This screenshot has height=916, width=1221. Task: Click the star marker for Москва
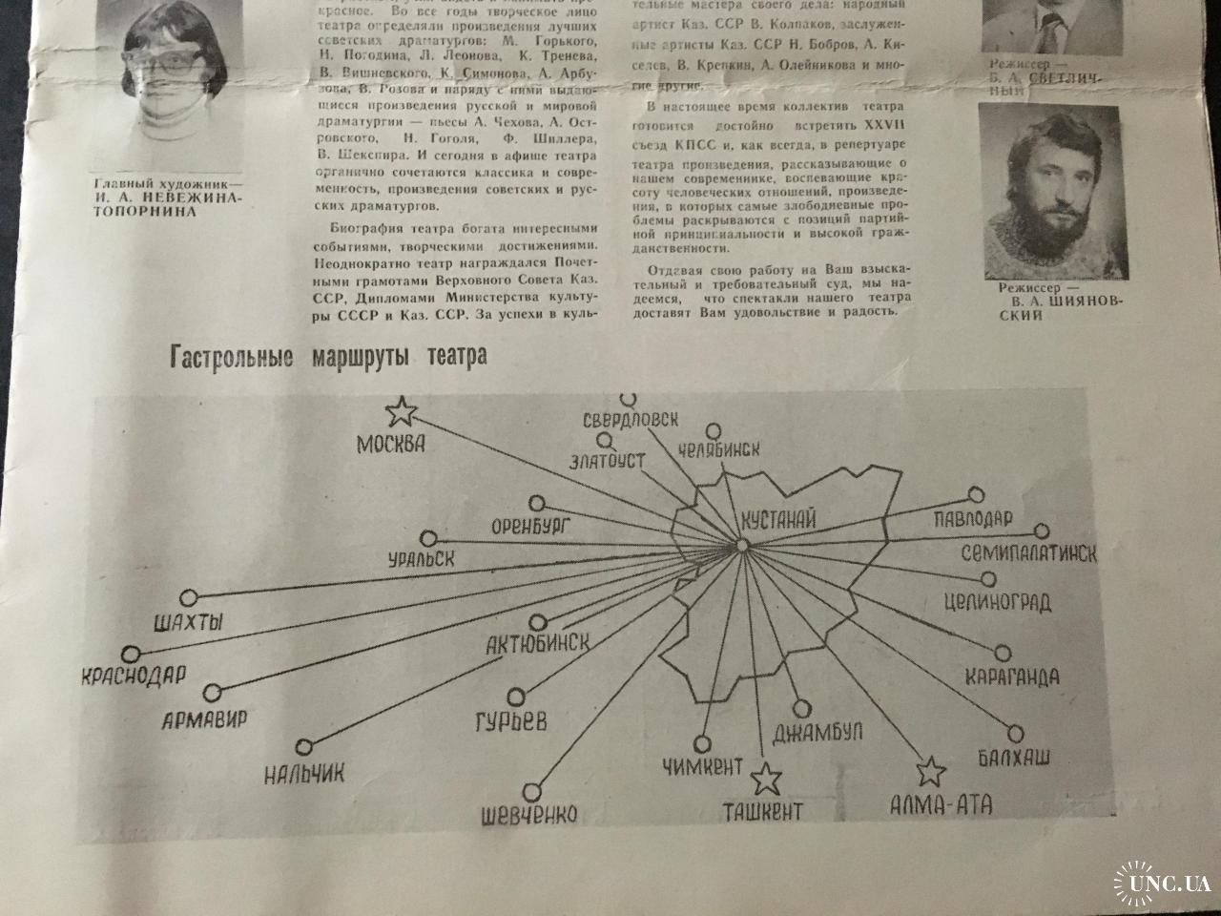(x=402, y=412)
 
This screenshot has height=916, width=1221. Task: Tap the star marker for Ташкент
(x=763, y=780)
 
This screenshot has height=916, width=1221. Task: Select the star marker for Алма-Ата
(x=930, y=771)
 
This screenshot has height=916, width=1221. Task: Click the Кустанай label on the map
(x=777, y=520)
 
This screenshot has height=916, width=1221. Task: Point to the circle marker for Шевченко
(x=532, y=790)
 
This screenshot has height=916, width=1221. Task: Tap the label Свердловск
(x=631, y=421)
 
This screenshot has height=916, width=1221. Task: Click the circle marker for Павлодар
(x=975, y=494)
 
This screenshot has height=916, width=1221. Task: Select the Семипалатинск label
(x=1028, y=553)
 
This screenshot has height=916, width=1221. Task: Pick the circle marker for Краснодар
(x=133, y=656)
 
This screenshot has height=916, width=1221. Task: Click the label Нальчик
(x=304, y=772)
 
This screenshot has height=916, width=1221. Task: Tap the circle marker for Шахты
(x=188, y=597)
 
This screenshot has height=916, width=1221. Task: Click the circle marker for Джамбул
(x=801, y=708)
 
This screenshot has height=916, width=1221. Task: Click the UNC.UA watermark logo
(x=1158, y=882)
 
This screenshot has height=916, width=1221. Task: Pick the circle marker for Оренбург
(x=536, y=502)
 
